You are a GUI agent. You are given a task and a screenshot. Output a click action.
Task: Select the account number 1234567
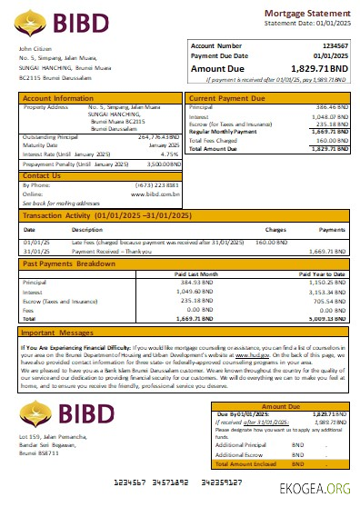tap(335, 45)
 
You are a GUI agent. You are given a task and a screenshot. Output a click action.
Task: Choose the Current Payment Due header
tap(228, 97)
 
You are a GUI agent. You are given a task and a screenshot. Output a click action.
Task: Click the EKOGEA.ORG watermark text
tap(315, 486)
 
